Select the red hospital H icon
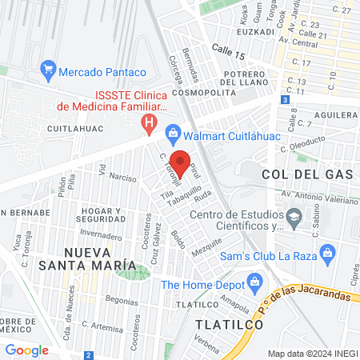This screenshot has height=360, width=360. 148,122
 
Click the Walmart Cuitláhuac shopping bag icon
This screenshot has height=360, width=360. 171,133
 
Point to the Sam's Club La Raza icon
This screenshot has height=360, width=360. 326,254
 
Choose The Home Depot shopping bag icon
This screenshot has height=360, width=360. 254,281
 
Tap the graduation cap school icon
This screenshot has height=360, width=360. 295,216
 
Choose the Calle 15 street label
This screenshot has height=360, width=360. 228,52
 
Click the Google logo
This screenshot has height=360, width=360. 27,350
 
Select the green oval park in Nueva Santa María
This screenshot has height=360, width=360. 132,271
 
